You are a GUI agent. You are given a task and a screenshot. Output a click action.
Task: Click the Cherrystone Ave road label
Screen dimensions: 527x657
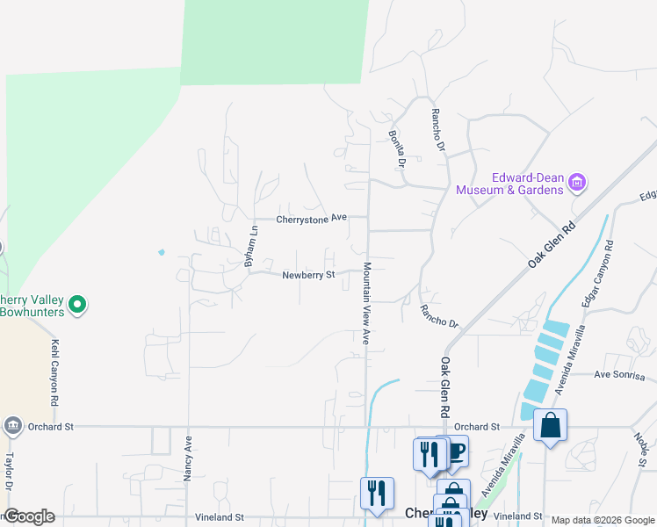312,218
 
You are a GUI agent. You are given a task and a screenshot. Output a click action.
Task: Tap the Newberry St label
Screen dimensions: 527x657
309,275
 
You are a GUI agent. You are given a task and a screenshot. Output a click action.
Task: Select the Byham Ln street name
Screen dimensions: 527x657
250,247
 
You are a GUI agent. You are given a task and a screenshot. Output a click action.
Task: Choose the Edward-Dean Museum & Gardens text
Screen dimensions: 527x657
509,183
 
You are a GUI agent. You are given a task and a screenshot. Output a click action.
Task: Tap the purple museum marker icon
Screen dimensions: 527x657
577,183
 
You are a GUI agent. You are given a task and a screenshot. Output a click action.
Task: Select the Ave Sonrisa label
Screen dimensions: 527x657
619,376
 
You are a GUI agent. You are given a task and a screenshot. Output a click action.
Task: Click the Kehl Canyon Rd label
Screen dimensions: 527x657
54,372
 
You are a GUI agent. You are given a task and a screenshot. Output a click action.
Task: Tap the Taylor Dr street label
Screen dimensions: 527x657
11,473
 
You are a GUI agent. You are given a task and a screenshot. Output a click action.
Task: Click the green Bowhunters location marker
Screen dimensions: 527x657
77,305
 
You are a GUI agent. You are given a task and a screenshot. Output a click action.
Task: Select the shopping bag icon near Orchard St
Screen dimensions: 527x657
550,425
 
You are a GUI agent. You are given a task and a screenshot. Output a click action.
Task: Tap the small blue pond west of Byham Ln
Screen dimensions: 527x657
161,252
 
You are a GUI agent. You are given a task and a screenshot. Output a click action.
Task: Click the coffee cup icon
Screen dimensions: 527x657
454,451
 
